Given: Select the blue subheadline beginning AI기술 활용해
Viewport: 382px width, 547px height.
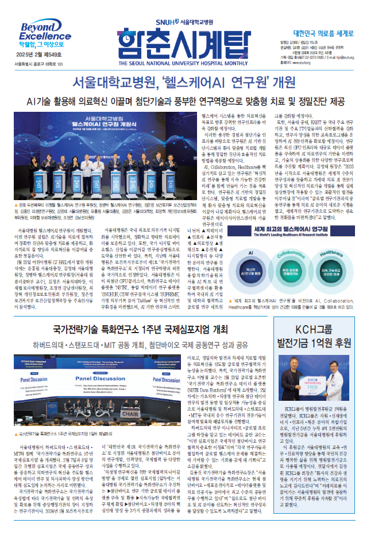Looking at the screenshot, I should (x=190, y=101).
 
